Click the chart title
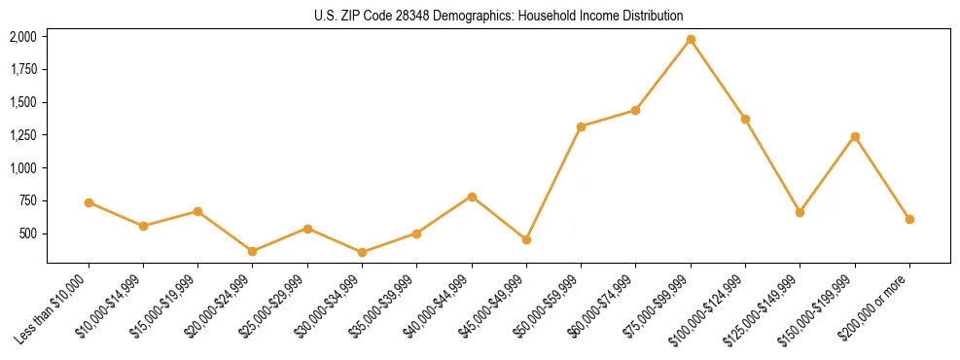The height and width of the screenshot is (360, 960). [x=499, y=16]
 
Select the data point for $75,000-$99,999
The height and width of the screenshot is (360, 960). [x=691, y=39]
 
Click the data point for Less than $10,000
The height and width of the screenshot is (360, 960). [x=89, y=202]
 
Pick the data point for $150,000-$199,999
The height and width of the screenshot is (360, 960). [x=855, y=136]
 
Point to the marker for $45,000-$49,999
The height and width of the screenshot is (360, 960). [x=526, y=239]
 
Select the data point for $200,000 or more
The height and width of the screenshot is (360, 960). [x=909, y=219]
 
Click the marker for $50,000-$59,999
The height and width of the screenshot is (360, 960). [x=581, y=126]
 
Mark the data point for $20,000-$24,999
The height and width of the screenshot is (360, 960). [x=253, y=251]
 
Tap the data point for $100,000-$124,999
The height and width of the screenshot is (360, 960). [x=745, y=119]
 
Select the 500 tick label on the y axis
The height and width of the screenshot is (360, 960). [x=29, y=234]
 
